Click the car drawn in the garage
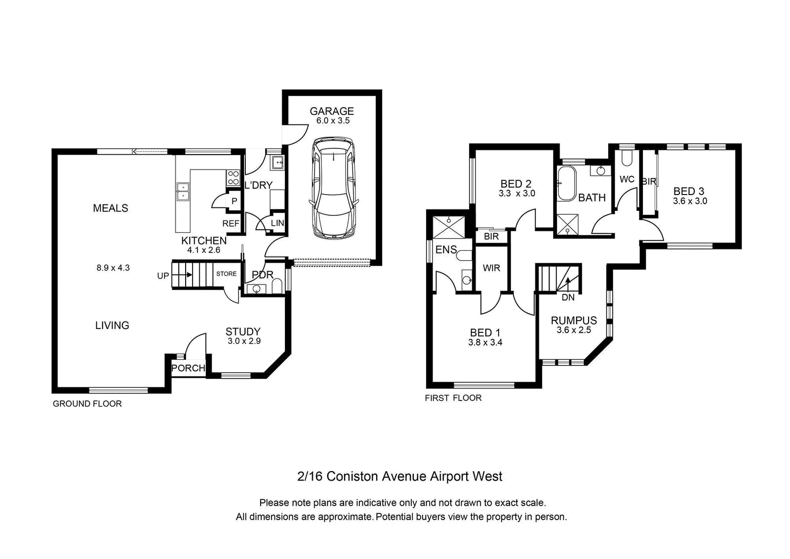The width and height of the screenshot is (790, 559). point(334,188)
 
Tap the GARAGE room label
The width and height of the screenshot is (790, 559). point(332,111)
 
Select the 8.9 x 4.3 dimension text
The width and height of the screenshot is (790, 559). point(113,268)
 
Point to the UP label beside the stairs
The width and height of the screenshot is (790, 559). point(163,276)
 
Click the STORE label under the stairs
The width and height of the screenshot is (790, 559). point(227,274)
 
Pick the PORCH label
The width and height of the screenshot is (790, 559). point(188,368)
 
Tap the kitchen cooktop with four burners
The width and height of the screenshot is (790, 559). point(233,178)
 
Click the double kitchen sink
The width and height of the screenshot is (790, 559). point(183,192)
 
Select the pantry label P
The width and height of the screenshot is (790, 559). point(234,201)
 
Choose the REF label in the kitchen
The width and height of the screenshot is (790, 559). point(231,223)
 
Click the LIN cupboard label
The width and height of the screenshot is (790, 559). point(277,223)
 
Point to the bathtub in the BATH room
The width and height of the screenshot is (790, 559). point(566,183)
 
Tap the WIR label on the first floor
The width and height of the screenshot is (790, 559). point(491,268)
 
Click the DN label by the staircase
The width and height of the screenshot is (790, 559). point(568,297)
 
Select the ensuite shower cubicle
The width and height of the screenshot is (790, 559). point(449,228)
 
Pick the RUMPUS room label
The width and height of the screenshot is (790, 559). point(574,320)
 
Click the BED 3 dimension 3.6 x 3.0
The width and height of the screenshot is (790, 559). point(690,201)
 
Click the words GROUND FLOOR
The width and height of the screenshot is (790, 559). point(87,403)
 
